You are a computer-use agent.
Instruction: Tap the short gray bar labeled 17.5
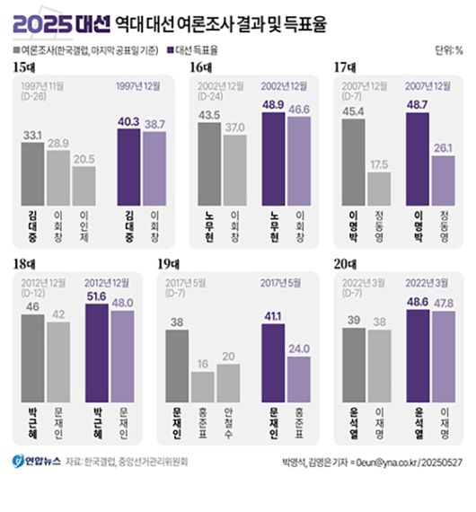pos(379,190)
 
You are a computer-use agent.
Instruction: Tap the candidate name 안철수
pos(229,418)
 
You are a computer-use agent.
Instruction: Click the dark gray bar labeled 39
pos(354,365)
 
